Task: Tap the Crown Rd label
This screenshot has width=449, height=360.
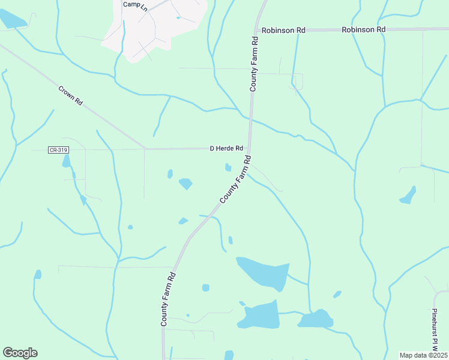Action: click(70, 96)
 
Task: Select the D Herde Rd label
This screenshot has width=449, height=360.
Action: click(226, 148)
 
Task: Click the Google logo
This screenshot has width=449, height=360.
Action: click(20, 353)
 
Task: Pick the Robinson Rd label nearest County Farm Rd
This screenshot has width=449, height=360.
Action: click(280, 29)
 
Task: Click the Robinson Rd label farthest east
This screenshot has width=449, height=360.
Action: click(363, 29)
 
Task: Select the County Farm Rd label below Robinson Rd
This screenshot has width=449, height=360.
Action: click(254, 64)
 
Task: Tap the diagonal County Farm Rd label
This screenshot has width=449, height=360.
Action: click(235, 179)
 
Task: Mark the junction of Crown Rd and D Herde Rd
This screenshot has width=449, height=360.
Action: click(145, 148)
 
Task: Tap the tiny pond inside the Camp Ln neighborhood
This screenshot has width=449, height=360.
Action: click(178, 17)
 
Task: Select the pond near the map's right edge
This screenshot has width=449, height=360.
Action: click(408, 195)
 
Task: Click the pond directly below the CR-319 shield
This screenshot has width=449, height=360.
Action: click(66, 161)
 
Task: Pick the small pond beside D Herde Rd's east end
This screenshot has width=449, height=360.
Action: click(228, 167)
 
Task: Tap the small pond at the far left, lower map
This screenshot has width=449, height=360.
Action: click(38, 275)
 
